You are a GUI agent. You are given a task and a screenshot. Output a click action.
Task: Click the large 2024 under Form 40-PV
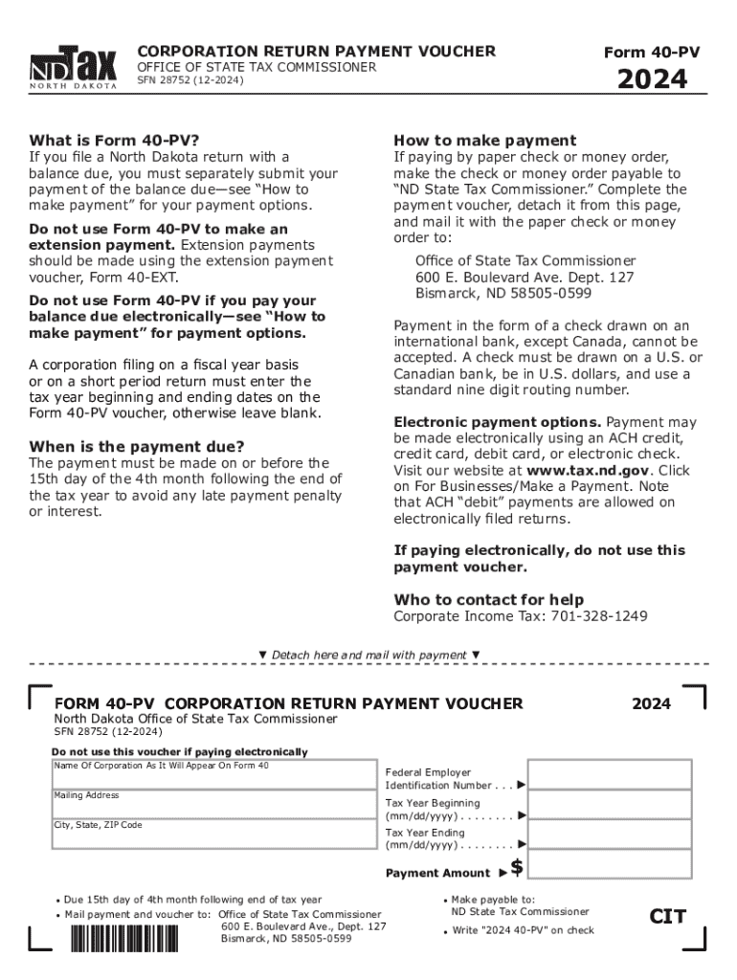651,79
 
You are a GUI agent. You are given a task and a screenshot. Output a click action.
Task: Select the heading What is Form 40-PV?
114,140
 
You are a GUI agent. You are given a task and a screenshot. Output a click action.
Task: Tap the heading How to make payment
485,140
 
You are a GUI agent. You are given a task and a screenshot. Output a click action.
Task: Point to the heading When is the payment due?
137,446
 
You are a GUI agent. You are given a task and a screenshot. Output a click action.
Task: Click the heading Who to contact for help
489,599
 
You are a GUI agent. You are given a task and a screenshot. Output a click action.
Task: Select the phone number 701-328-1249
599,616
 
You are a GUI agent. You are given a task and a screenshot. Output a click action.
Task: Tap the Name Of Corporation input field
214,774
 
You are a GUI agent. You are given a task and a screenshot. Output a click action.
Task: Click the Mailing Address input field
214,804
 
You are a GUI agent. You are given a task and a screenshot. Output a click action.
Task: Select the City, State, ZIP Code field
214,835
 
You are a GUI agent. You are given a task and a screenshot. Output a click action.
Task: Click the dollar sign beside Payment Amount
517,868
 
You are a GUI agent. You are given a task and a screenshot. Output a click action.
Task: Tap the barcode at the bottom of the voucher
124,937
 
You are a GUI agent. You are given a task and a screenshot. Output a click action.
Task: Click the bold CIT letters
667,917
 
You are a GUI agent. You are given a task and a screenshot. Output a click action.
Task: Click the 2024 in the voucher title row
651,703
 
